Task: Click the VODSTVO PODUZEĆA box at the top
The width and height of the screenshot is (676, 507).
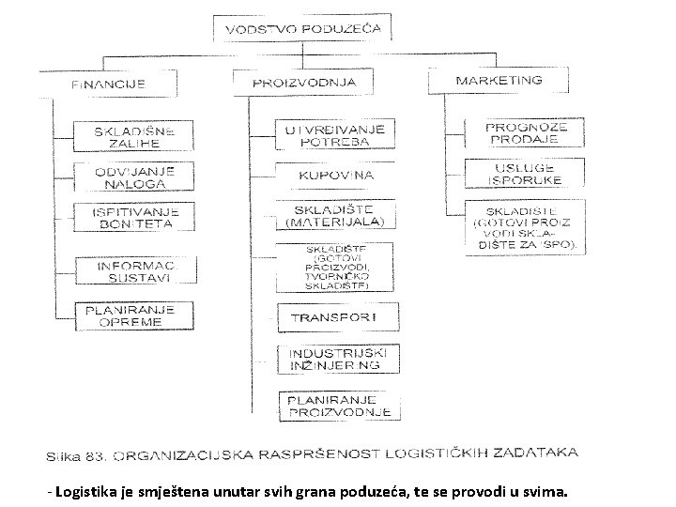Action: (x=302, y=28)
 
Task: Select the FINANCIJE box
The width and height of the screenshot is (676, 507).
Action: (x=109, y=84)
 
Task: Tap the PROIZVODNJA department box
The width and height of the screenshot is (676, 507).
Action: (x=304, y=82)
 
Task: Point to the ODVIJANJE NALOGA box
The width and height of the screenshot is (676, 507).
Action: (x=134, y=176)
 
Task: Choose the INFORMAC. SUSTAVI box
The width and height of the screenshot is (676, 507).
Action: (x=134, y=271)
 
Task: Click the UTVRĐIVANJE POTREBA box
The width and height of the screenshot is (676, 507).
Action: (x=335, y=132)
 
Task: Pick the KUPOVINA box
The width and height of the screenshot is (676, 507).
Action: (x=335, y=175)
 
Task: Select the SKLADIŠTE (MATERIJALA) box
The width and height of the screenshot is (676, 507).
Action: (x=335, y=216)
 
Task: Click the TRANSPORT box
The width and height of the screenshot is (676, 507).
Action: (x=335, y=317)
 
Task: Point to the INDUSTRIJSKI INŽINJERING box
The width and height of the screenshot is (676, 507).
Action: (x=335, y=358)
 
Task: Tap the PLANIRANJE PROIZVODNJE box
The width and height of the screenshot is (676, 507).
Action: (x=339, y=405)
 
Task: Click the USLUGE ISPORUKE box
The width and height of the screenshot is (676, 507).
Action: (x=526, y=174)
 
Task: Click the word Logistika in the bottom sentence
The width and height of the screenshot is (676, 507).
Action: (x=86, y=492)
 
